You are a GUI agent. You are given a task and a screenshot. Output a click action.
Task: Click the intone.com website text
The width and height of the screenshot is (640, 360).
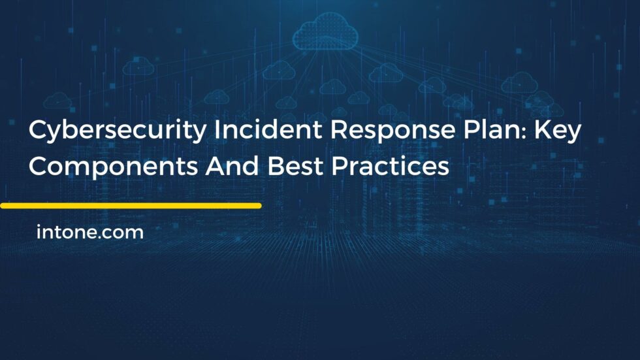(90, 232)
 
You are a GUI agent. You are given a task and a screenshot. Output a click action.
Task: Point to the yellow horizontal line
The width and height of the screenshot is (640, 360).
(131, 206)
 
